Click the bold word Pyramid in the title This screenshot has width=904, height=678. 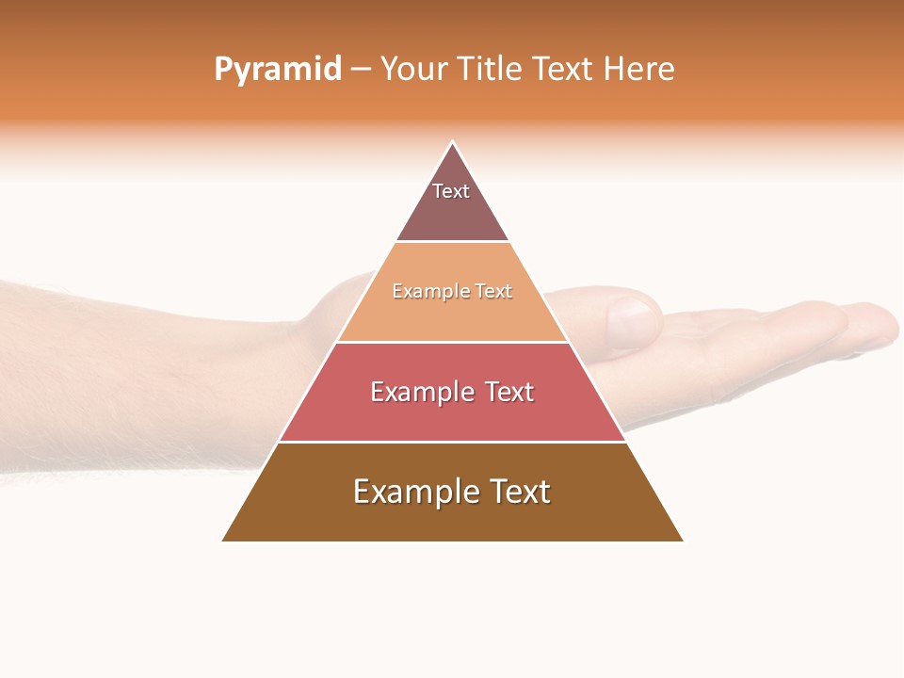[x=277, y=70]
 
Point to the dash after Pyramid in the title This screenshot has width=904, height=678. [x=361, y=70]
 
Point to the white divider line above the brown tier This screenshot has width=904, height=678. [x=452, y=442]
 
